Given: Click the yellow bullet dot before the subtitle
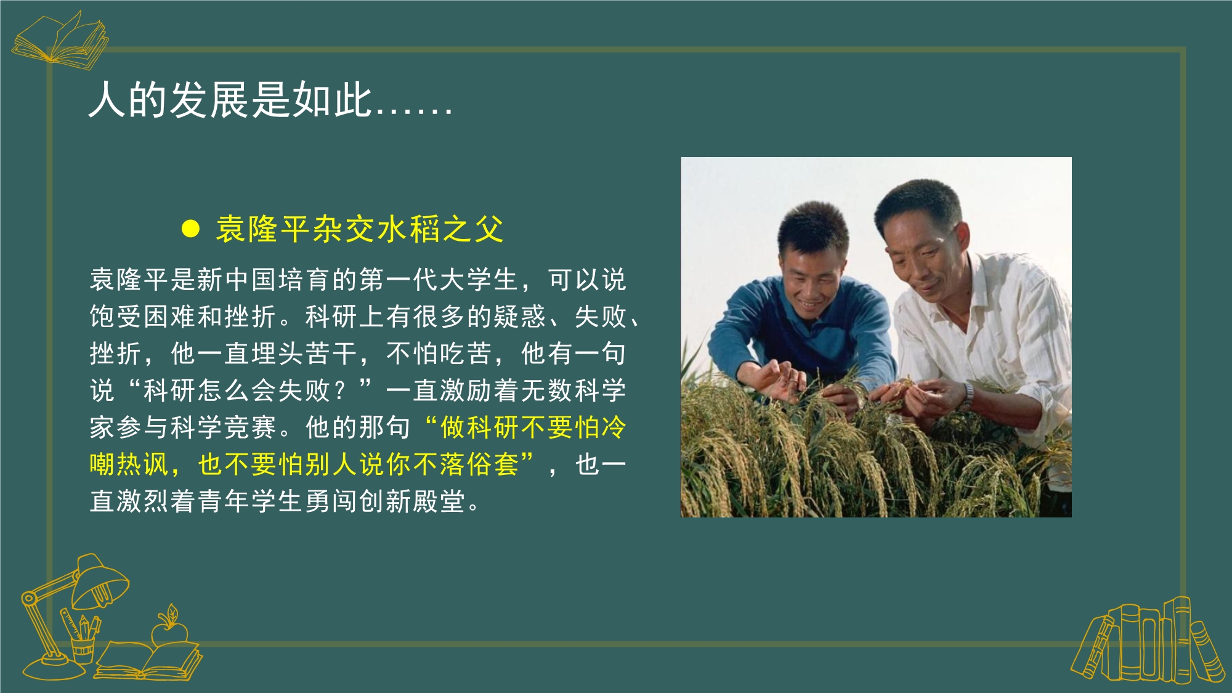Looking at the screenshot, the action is coord(191,229).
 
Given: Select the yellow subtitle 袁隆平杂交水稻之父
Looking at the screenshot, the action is coord(360,229).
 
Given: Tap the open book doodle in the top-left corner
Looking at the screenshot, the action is coord(60,39).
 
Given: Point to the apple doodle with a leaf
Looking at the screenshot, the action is coord(169,627).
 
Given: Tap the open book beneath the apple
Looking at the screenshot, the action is coord(148,661).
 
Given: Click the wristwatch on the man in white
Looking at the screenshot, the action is coord(968,394).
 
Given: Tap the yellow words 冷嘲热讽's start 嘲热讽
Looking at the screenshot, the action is coord(129,464).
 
